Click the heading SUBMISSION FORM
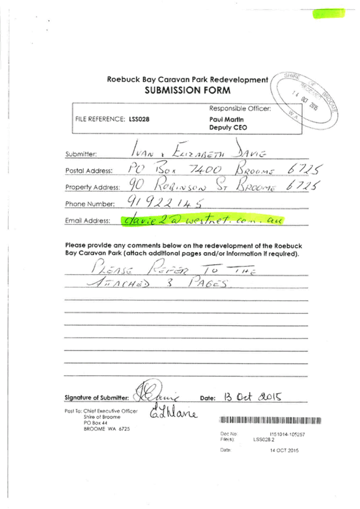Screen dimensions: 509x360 coord(187,90)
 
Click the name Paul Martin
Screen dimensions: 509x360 coord(223,119)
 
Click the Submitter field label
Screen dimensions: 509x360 coord(81,154)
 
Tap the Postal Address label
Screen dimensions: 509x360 coord(89,171)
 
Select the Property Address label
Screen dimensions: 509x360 coord(89,187)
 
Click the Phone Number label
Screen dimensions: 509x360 coord(89,204)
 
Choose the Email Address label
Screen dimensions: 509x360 coord(88,221)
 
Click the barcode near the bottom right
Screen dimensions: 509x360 coord(270,420)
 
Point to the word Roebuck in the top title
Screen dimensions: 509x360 coord(121,80)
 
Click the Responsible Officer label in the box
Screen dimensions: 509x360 coord(240,109)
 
